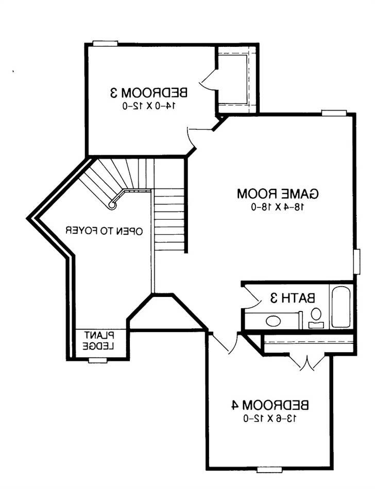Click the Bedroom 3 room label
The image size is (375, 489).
pyautogui.click(x=148, y=93)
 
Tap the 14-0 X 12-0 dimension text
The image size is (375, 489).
pyautogui.click(x=148, y=106)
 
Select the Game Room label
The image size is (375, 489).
pyautogui.click(x=278, y=194)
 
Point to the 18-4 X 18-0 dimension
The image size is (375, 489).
pyautogui.click(x=278, y=207)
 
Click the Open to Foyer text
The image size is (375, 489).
pyautogui.click(x=104, y=231)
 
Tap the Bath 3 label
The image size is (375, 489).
pyautogui.click(x=293, y=298)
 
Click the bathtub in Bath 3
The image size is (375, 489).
pyautogui.click(x=341, y=307)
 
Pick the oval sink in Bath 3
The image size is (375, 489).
pyautogui.click(x=273, y=321)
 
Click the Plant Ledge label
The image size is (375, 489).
pyautogui.click(x=99, y=341)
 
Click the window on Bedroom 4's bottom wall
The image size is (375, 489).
pyautogui.click(x=269, y=469)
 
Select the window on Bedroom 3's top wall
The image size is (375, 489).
pyautogui.click(x=105, y=44)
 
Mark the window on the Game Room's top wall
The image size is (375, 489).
pyautogui.click(x=334, y=113)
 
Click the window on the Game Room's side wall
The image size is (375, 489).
pyautogui.click(x=357, y=261)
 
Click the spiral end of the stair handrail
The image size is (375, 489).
pyautogui.click(x=112, y=205)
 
